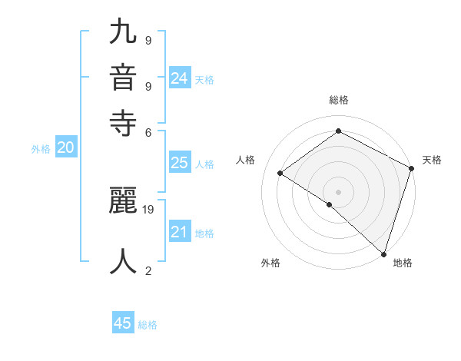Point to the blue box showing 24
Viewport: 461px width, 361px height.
point(179,78)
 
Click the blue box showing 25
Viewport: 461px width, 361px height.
point(179,163)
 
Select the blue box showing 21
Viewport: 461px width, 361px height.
point(179,232)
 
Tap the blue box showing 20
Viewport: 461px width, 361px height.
point(65,148)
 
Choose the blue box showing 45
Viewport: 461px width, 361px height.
point(123,323)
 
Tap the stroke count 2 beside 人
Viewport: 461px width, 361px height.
point(148,270)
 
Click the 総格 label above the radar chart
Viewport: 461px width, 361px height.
point(338,100)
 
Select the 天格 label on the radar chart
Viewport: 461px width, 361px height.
point(432,160)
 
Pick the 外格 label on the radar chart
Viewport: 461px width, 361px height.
point(270,263)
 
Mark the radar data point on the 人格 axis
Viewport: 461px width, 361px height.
point(280,173)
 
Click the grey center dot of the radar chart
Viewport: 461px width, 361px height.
point(338,191)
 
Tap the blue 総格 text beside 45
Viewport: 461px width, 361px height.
point(148,325)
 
